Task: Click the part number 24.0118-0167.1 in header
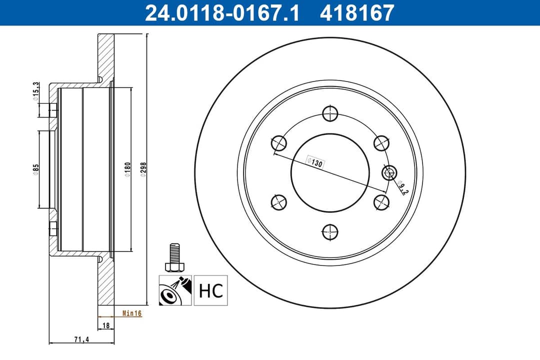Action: pos(222,13)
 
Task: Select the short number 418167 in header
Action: pos(357,13)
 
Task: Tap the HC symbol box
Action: pos(210,290)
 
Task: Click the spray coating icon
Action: pos(175,290)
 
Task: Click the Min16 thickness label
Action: pos(132,313)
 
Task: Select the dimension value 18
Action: pos(106,325)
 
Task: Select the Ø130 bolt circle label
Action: pos(315,162)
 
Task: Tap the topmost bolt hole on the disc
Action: pos(330,113)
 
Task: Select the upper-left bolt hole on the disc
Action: pos(278,143)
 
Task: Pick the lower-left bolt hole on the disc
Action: pos(278,202)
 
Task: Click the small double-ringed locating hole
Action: pos(389,173)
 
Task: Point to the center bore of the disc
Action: pos(330,172)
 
